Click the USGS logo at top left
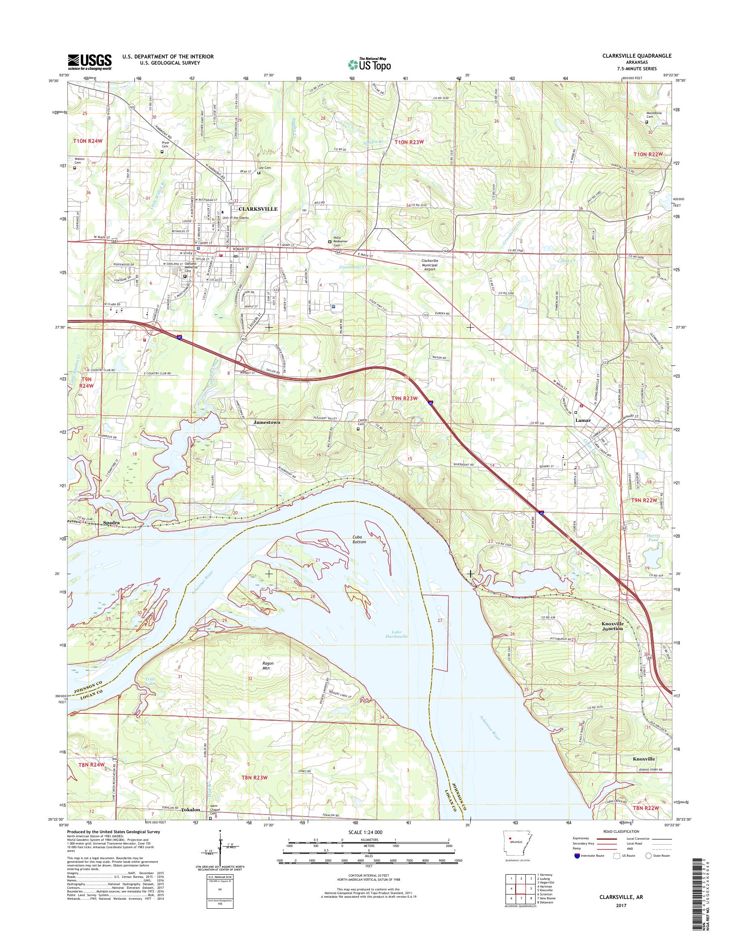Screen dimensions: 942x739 pos(90,62)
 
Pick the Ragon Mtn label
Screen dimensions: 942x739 pos(266,665)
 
